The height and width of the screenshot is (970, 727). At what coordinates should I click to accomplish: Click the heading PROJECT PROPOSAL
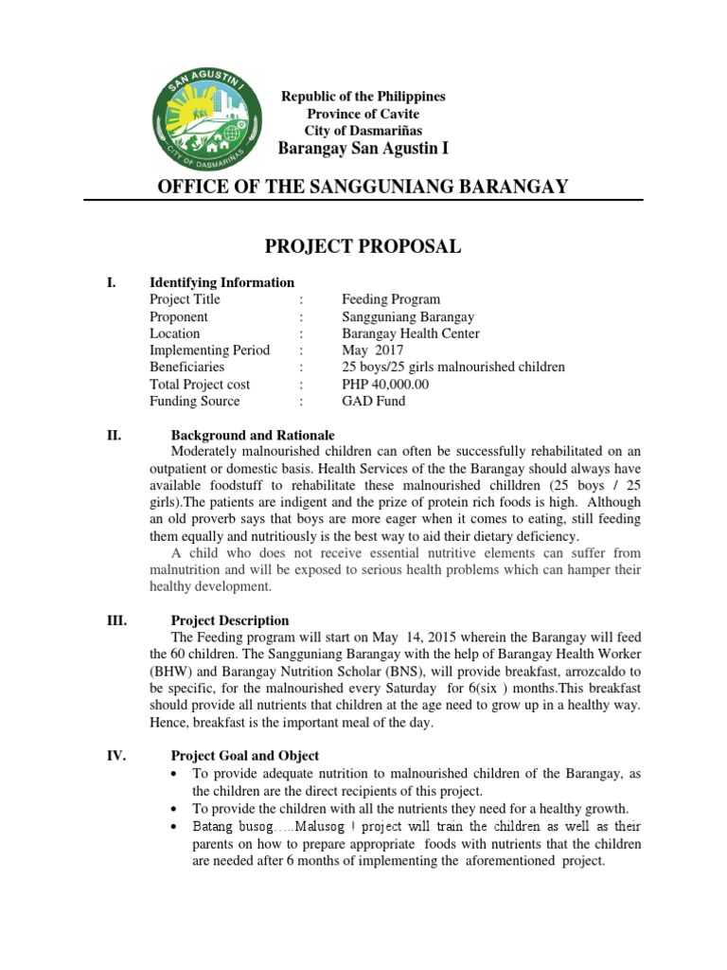pos(363,247)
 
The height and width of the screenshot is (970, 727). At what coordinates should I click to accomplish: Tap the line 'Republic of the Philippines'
pos(363,97)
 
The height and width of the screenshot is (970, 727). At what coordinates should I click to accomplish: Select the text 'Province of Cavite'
pos(363,114)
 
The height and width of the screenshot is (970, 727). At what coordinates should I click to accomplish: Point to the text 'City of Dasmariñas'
pos(363,131)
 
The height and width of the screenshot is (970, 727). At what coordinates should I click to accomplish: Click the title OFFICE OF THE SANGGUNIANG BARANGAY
pos(363,187)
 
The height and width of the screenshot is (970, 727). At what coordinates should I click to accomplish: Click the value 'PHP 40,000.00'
pos(385,384)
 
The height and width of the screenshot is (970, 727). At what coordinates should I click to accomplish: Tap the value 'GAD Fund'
pos(373,401)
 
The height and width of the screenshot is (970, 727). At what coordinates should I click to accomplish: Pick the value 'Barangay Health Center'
pos(410,333)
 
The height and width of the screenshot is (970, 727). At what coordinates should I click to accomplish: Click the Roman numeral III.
pos(114,620)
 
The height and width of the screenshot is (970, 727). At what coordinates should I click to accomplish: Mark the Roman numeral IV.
pos(114,756)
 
